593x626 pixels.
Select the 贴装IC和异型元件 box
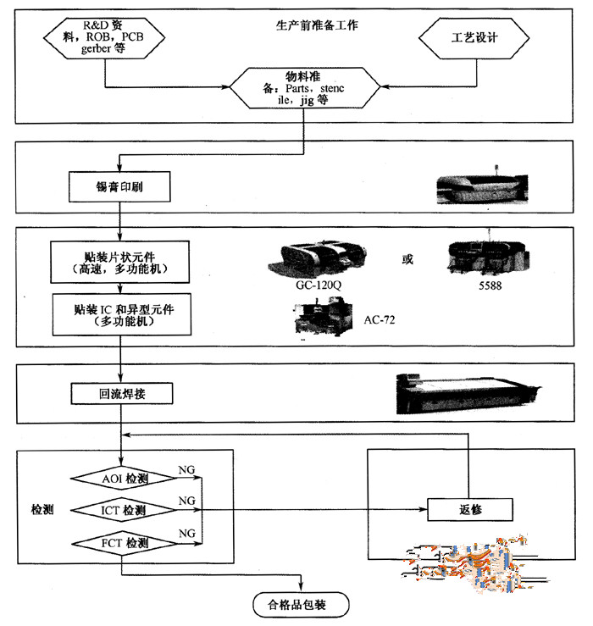click(119, 315)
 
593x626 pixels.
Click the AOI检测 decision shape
click(125, 479)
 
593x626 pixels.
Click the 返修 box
click(470, 508)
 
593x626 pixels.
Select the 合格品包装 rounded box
click(302, 604)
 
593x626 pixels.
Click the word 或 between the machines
click(407, 258)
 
